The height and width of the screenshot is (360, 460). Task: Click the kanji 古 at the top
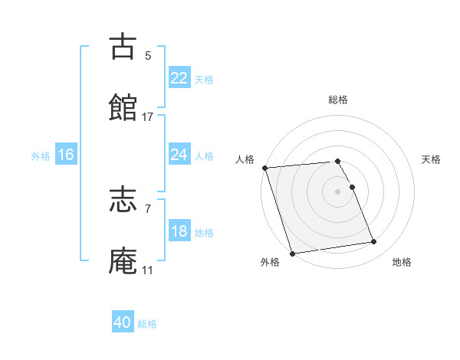coord(123,47)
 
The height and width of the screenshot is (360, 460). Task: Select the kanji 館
coord(123,108)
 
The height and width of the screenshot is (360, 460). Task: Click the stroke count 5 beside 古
coord(148,55)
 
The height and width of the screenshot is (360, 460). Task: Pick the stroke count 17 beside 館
coord(148,116)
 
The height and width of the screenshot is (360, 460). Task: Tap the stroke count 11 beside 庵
coord(148,270)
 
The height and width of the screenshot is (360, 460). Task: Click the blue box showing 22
coord(179,78)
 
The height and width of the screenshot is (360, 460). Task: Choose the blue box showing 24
coord(179,155)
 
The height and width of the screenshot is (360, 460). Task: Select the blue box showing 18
coord(179,231)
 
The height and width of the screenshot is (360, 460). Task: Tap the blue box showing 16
coord(66,155)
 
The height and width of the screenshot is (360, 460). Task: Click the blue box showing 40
coord(123,322)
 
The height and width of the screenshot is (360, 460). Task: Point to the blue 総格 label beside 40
coord(147,324)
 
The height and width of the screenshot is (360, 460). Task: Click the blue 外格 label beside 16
coord(41,156)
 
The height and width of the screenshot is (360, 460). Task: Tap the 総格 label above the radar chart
coord(338,100)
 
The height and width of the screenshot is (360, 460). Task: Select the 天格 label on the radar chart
coord(432,159)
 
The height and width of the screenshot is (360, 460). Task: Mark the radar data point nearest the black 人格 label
coord(264,168)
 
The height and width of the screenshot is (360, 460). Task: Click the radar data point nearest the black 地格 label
coord(374,242)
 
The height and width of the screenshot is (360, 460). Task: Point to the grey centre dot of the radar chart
coord(337,191)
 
